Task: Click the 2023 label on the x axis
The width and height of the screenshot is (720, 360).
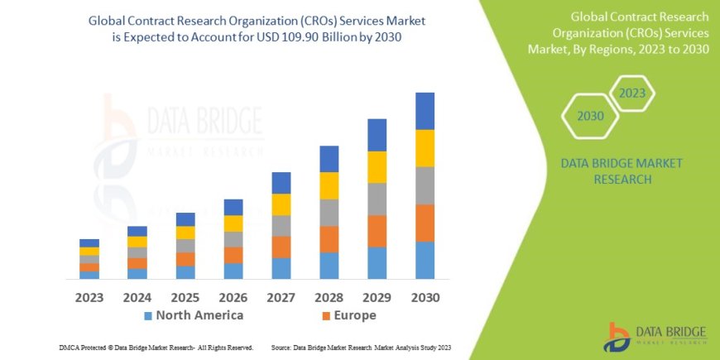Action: click(x=89, y=297)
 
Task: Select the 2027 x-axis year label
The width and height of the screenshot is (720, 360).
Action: click(x=281, y=297)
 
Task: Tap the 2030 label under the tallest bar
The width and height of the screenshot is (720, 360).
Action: click(x=425, y=297)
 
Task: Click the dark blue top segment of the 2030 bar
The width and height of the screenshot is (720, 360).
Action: click(x=425, y=111)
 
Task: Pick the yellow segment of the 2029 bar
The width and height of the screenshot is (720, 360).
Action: click(x=377, y=167)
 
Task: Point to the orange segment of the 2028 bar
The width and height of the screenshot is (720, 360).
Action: click(x=329, y=239)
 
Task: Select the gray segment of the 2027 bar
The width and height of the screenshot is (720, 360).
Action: click(x=281, y=226)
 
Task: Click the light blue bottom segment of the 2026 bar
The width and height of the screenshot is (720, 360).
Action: click(x=233, y=271)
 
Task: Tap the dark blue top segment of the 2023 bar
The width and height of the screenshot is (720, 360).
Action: click(x=89, y=243)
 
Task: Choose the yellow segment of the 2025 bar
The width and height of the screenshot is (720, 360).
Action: click(x=185, y=233)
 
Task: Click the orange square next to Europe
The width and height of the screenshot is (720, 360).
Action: click(x=326, y=316)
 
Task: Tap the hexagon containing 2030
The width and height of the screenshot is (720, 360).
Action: click(x=590, y=116)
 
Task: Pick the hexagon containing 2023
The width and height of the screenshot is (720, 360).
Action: click(x=631, y=94)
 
